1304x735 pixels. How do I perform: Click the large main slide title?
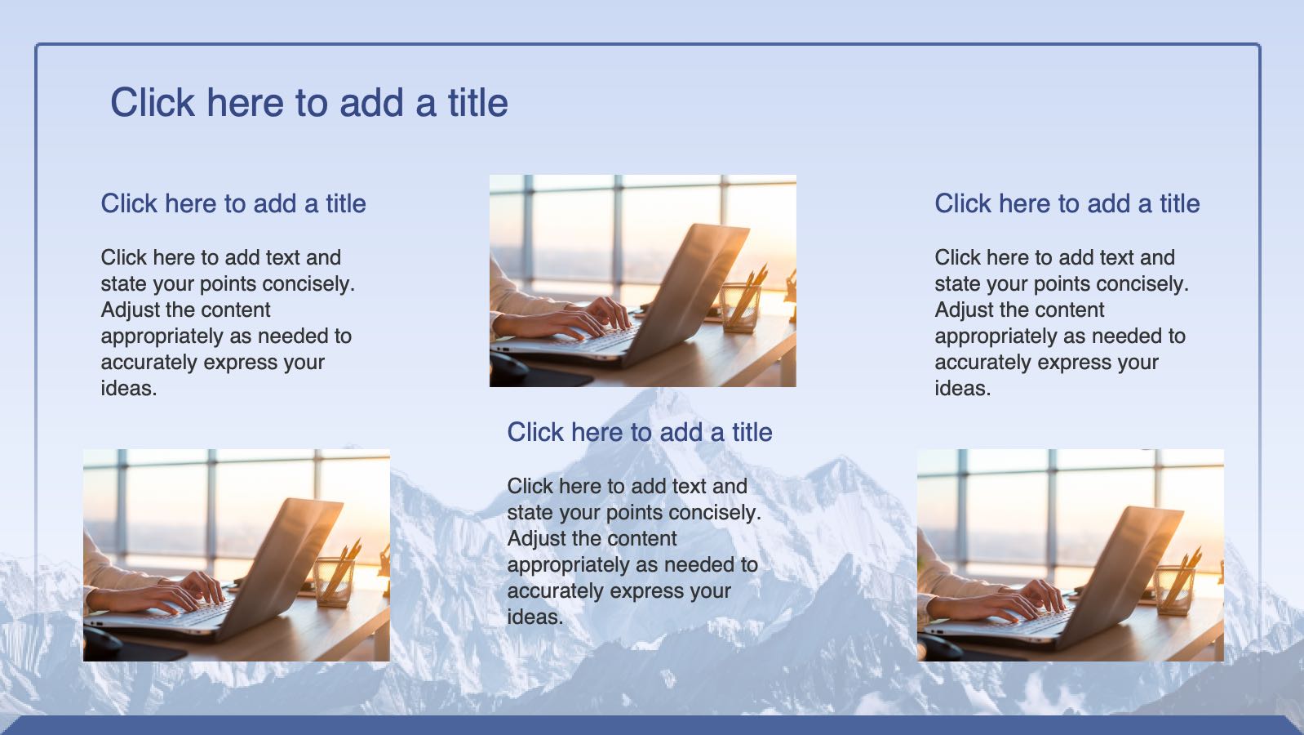[x=308, y=103]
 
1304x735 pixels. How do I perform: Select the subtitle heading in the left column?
[x=233, y=203]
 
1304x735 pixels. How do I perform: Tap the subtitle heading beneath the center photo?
[x=639, y=432]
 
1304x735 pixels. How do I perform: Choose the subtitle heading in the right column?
[x=1067, y=203]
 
